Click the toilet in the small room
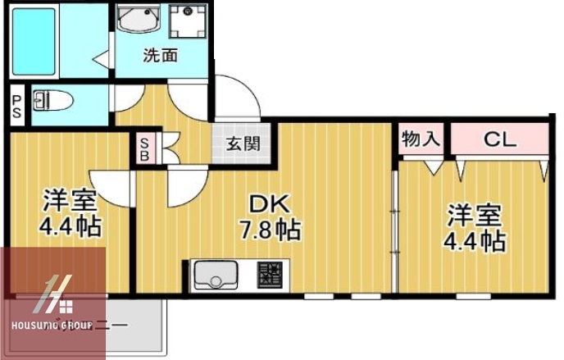click(53, 102)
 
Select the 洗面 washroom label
click(161, 57)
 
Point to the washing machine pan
click(189, 21)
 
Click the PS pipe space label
click(16, 107)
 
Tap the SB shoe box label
click(143, 147)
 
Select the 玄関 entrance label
click(243, 144)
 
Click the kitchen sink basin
click(215, 275)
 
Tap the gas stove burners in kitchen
click(268, 276)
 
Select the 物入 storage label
click(421, 139)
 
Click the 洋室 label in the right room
click(474, 217)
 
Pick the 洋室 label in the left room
click(70, 199)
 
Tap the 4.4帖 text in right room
click(474, 241)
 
